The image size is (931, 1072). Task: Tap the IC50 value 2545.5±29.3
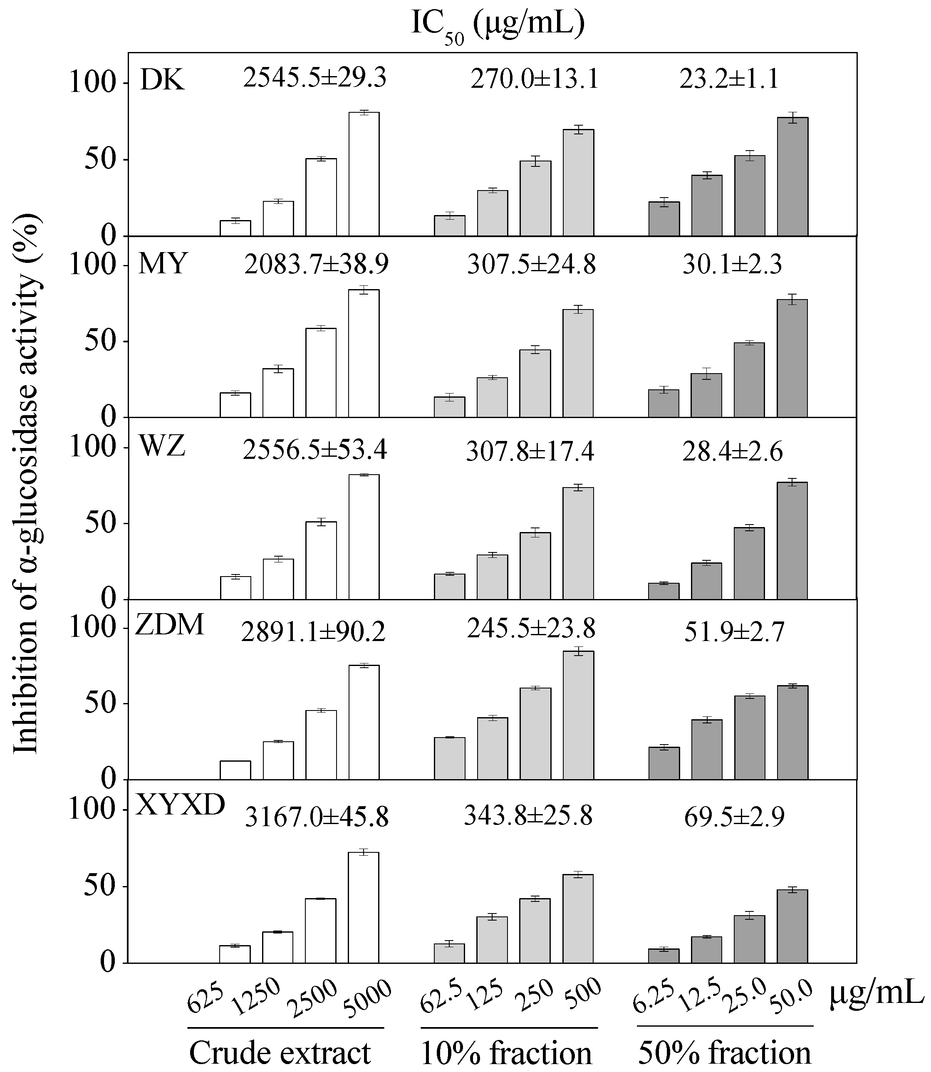tap(315, 79)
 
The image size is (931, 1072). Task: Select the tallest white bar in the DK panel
tap(364, 174)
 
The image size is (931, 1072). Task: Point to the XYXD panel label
tap(180, 805)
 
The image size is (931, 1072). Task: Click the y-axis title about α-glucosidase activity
tap(26, 483)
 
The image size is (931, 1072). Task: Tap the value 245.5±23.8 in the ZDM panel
tap(530, 629)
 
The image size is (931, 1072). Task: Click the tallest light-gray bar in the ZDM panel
tap(578, 715)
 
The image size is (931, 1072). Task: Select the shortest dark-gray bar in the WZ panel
tap(664, 591)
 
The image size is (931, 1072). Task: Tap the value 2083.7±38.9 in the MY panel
tap(317, 265)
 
